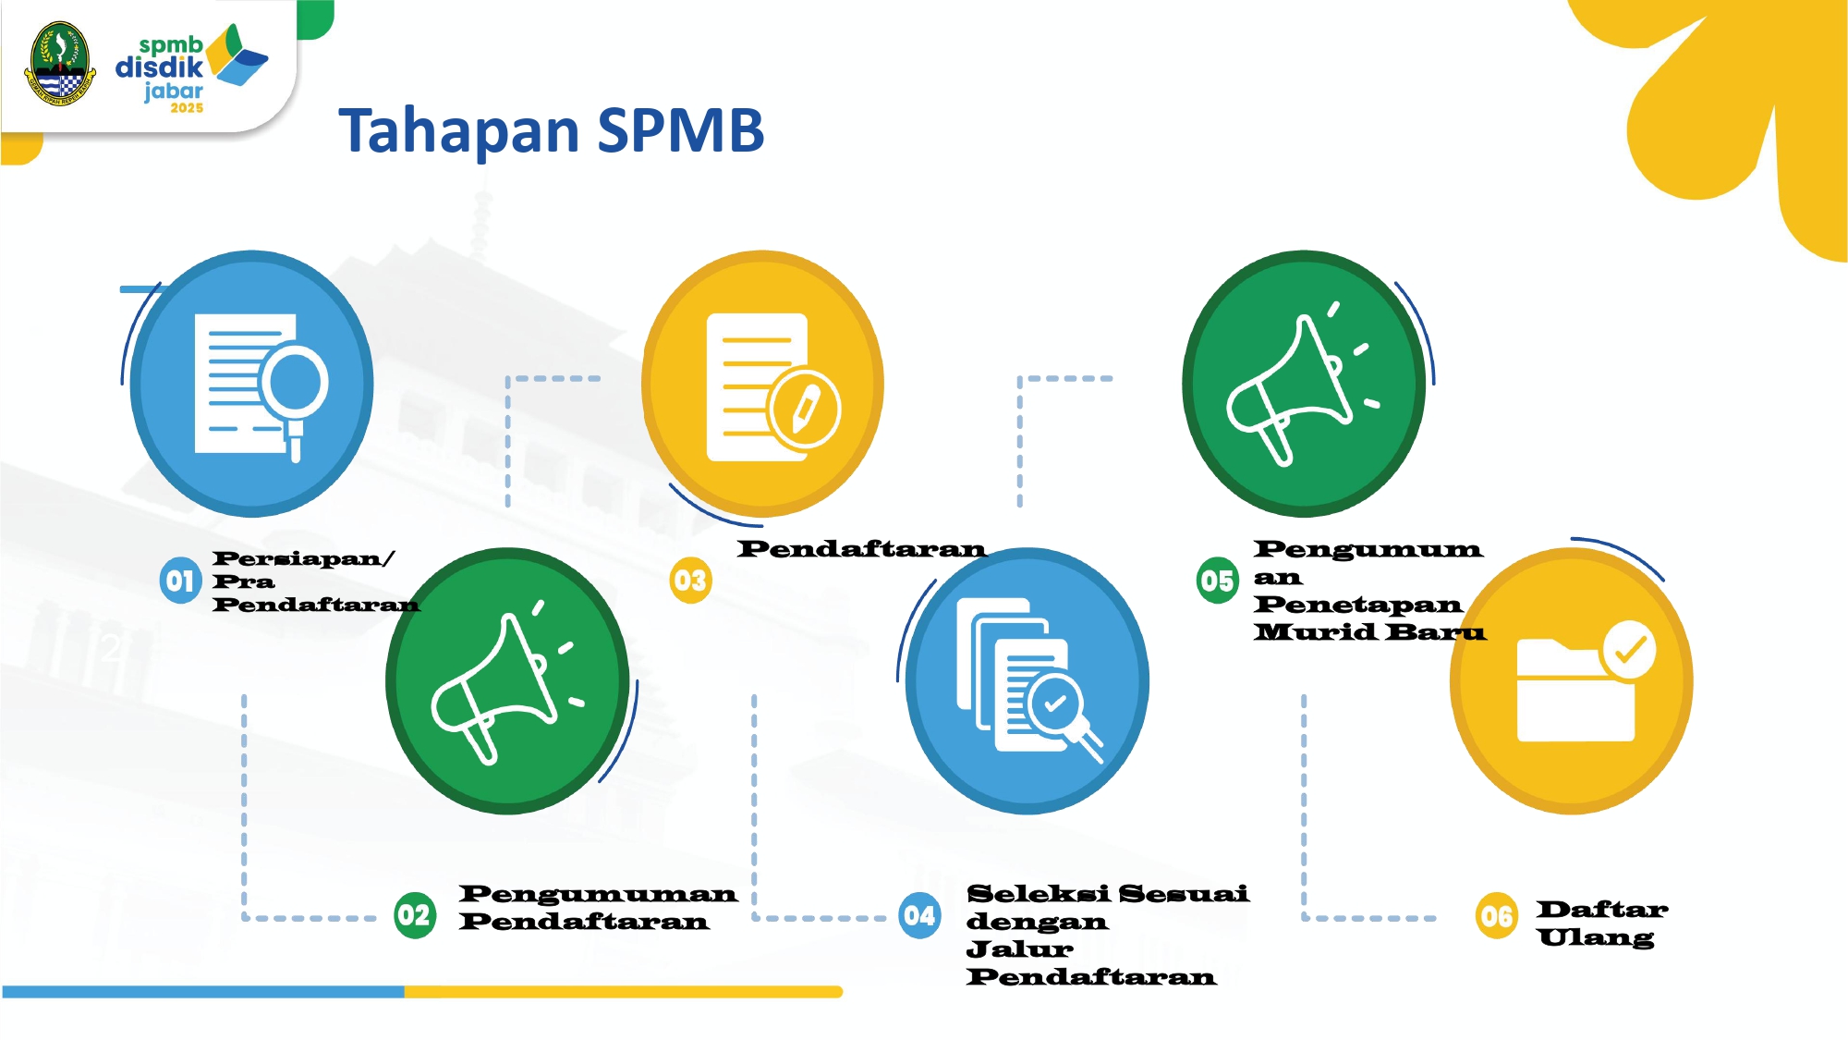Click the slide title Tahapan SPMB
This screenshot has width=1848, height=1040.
coord(552,130)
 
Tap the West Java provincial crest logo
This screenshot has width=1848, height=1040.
coord(60,64)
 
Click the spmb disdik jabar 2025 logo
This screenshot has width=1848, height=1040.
coord(191,68)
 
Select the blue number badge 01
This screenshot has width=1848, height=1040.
coord(180,581)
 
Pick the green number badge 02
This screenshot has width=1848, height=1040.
coord(415,915)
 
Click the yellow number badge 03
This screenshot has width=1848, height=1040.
coord(690,581)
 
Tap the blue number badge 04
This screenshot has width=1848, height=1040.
coord(919,915)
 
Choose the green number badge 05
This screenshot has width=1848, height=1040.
coord(1218,581)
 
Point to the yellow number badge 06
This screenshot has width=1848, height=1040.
coord(1497,915)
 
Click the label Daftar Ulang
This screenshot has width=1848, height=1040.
coord(1602,924)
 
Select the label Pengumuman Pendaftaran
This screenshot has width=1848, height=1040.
coord(598,908)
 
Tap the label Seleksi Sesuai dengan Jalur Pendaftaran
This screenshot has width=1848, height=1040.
coord(1107,935)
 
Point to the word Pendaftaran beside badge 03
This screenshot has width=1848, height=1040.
coord(861,549)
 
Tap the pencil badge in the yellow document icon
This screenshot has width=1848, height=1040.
coord(805,409)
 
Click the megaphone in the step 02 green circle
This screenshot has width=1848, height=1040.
coord(506,684)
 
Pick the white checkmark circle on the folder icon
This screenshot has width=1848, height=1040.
coord(1629,650)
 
